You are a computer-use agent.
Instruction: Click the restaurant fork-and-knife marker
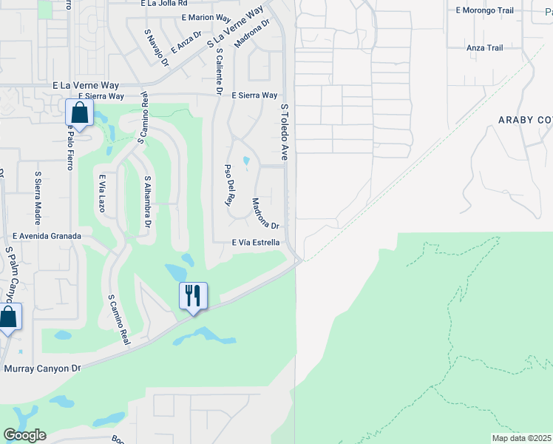coord(193,296)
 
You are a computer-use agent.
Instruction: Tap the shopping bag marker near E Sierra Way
coord(79,114)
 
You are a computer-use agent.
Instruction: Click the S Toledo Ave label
coord(283,132)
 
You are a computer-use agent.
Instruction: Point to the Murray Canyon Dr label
coord(41,368)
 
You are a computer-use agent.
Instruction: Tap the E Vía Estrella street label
coord(256,242)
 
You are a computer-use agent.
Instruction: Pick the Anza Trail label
coord(484,48)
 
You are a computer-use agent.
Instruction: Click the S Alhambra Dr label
coord(148,201)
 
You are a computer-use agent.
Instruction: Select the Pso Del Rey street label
coord(228,184)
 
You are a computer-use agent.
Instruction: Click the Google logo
coord(25,435)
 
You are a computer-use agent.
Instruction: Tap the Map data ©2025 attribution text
coord(521,438)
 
